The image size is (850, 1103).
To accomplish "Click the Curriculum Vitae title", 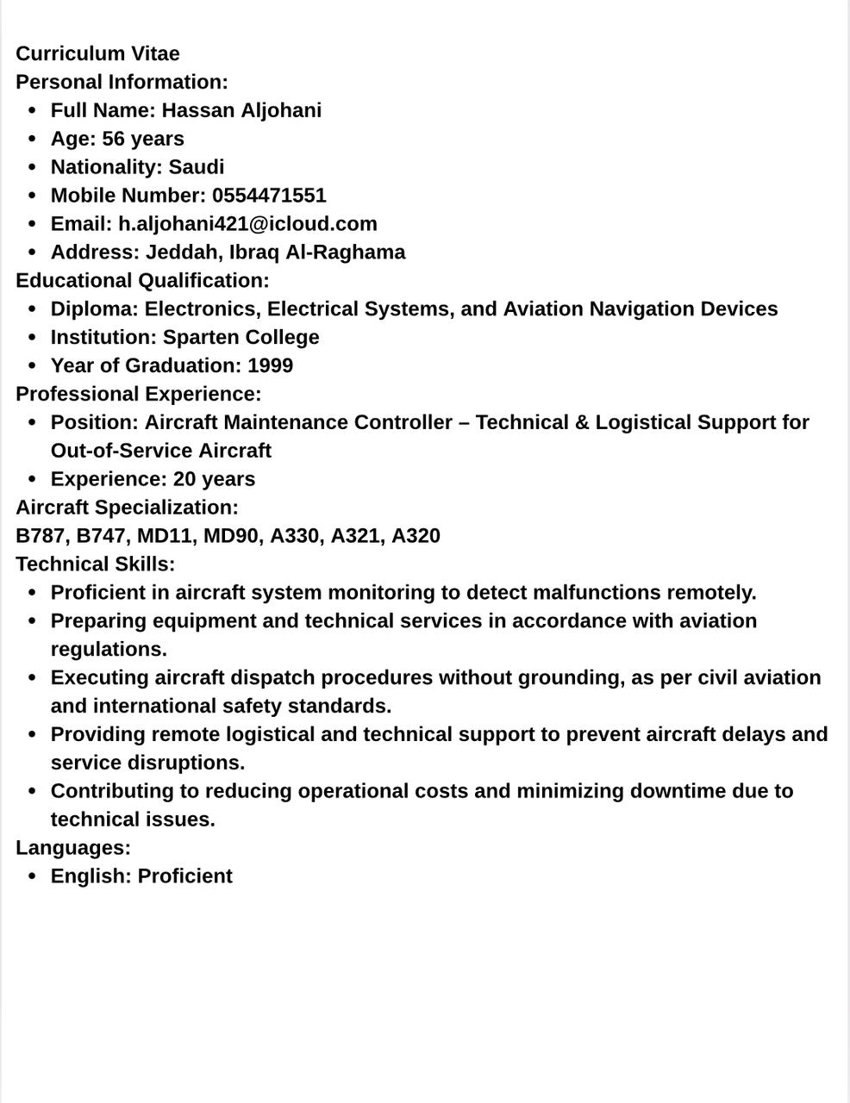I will [x=97, y=53].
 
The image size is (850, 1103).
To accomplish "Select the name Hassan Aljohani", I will [x=241, y=110].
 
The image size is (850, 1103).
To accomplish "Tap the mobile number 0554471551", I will [x=269, y=196].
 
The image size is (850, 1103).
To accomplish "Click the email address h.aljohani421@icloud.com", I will [x=247, y=224].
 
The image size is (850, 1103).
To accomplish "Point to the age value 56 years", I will [x=143, y=139].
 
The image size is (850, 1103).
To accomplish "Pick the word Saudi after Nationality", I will [x=196, y=167].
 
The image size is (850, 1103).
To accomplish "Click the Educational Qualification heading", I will [x=142, y=281].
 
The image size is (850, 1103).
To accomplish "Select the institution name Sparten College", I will [x=241, y=338].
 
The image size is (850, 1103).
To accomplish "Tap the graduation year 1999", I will [x=270, y=366].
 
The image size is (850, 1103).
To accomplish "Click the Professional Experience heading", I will [x=138, y=394].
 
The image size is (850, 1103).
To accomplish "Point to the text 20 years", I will [x=214, y=479].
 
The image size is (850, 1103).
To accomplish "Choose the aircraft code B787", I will [x=40, y=536].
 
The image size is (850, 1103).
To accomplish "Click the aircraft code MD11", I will [x=164, y=536].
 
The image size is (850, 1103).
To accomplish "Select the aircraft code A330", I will [x=295, y=536].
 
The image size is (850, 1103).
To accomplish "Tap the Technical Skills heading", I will [x=95, y=564].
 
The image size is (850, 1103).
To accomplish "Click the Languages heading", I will [x=73, y=848].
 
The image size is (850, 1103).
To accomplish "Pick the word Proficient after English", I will [x=184, y=876].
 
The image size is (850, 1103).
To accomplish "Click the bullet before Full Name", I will [x=32, y=111].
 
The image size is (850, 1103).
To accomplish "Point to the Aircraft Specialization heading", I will [x=127, y=508].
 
